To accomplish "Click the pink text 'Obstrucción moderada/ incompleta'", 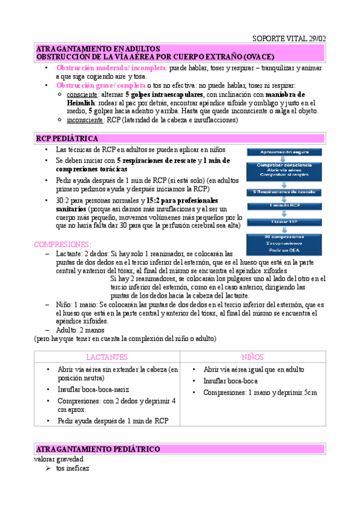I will coord(112,68).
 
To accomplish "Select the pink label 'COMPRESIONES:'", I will coord(63,245).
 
